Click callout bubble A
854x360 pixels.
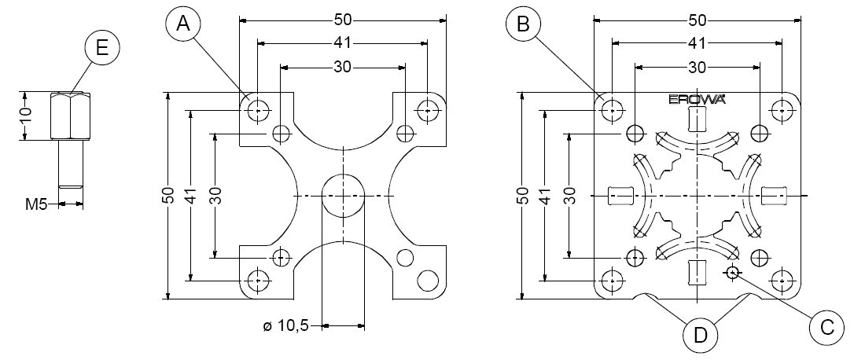point(183,24)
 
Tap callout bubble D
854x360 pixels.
point(700,336)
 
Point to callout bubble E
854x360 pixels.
point(101,49)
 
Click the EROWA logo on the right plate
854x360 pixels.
point(696,100)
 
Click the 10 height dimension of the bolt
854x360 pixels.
point(26,115)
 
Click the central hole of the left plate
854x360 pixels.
point(344,194)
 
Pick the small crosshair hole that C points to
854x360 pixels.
point(733,273)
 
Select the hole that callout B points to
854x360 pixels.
point(611,111)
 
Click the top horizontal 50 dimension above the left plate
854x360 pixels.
point(341,19)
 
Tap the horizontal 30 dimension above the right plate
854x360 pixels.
point(696,68)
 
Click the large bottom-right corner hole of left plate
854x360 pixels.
point(429,280)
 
